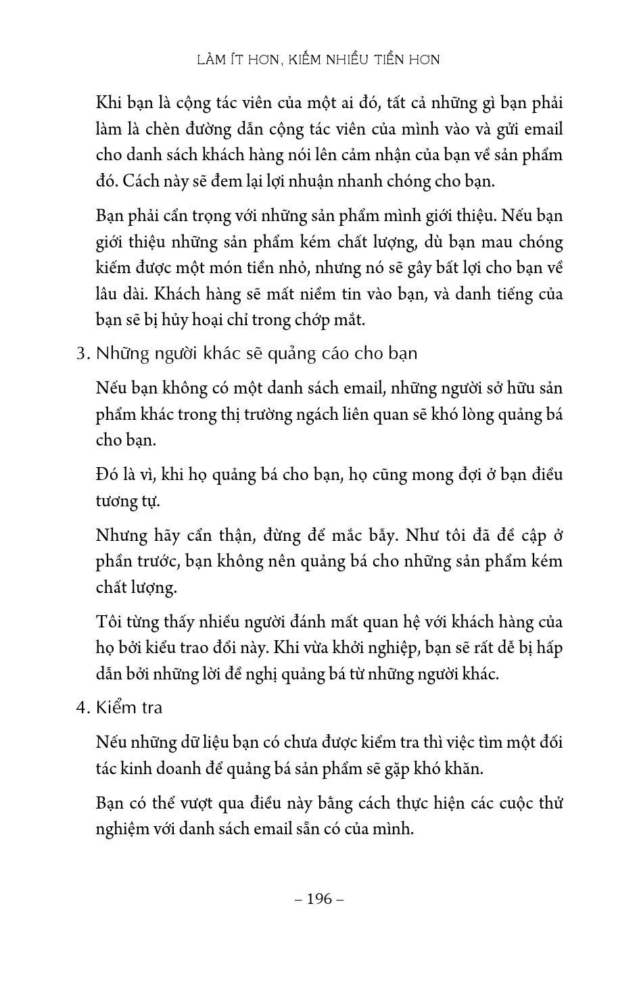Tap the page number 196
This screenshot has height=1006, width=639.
[320, 899]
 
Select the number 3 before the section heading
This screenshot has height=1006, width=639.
[80, 354]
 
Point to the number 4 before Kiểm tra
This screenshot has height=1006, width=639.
[80, 708]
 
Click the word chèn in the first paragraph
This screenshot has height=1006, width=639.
[177, 129]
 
